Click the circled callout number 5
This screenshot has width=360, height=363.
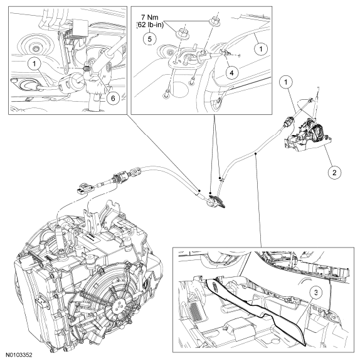coord(149,38)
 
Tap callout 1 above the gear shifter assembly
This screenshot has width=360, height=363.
coord(286,82)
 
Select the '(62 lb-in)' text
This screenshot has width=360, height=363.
coord(149,25)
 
